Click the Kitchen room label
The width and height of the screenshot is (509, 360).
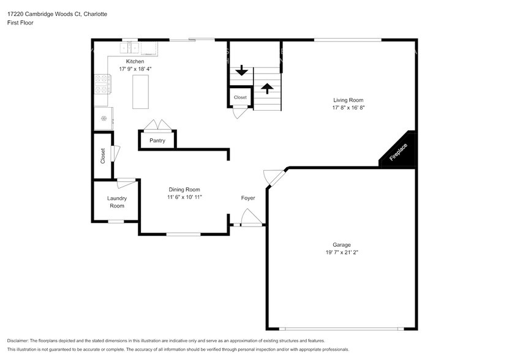135,62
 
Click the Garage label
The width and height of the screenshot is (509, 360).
341,245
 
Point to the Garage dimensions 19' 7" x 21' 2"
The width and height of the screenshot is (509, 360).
341,253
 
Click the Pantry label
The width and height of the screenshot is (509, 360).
157,141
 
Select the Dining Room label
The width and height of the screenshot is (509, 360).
184,190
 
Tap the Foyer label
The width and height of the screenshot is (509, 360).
247,198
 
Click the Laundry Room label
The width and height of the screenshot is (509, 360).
116,202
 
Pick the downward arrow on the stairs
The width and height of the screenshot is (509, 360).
242,70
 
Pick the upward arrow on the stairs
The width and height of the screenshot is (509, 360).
266,88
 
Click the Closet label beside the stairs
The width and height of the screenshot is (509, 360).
239,97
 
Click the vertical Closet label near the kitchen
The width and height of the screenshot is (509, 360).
103,156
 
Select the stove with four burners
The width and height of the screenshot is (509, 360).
101,84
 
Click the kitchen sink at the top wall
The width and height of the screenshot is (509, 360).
138,48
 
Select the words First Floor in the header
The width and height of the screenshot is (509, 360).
20,23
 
